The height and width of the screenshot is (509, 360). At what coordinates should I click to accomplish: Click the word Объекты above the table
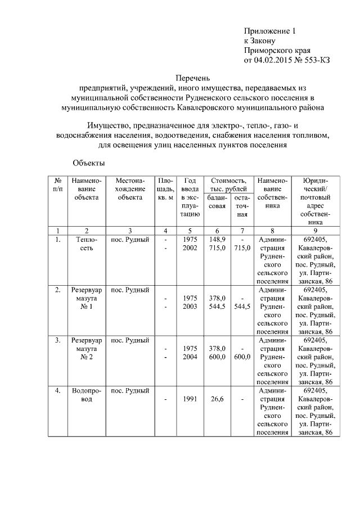pos(89,163)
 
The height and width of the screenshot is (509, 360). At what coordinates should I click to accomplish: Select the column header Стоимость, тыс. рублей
pos(228,185)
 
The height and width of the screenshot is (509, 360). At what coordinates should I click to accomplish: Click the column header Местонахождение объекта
pos(130,190)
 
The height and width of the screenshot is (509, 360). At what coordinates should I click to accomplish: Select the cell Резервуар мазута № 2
pos(86,349)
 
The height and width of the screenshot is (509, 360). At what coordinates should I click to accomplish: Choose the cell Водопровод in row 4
pos(86,395)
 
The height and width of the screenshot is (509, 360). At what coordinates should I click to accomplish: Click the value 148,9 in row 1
pos(217,240)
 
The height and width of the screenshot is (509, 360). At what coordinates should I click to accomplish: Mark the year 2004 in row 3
pos(191,357)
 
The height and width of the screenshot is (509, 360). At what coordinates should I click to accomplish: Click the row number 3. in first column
pos(58,340)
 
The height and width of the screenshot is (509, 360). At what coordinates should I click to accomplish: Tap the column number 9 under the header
pos(315,231)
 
